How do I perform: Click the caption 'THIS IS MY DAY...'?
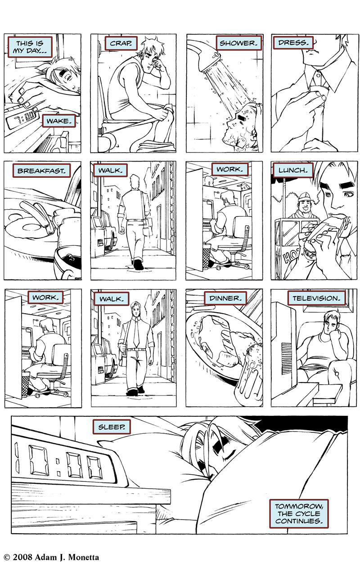30,47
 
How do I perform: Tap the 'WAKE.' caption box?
59,121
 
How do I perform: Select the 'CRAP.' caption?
121,43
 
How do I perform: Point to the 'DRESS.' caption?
293,42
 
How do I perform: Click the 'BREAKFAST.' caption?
41,171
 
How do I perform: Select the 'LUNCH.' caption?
293,170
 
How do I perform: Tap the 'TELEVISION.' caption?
317,298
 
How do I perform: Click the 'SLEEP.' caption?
112,427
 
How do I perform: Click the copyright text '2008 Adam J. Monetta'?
56,557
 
